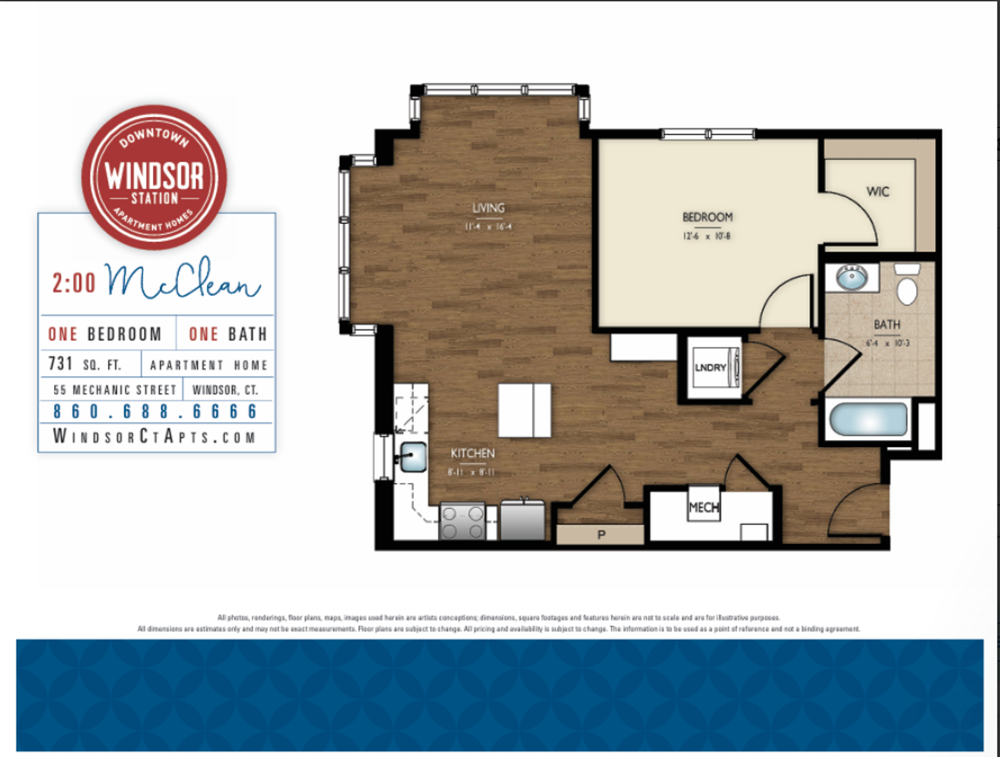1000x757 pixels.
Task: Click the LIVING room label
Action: point(488,208)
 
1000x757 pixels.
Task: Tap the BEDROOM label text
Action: point(707,217)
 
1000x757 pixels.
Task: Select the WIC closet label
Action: point(877,191)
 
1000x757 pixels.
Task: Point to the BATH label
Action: point(886,325)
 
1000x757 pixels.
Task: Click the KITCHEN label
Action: point(472,453)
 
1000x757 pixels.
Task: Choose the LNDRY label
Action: point(710,367)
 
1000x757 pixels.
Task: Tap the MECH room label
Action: point(703,507)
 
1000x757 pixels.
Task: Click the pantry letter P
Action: point(601,535)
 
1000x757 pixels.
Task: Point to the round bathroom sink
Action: point(852,278)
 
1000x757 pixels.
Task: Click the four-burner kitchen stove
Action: point(462,522)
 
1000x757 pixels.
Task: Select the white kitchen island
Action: point(525,411)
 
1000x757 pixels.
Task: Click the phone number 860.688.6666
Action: point(156,411)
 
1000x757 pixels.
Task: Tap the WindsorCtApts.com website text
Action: point(154,437)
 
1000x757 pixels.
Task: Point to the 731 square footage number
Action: point(60,364)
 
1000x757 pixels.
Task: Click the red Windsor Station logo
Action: point(154,177)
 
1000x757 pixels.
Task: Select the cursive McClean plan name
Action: point(182,280)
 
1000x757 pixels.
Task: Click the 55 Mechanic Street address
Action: point(115,390)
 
